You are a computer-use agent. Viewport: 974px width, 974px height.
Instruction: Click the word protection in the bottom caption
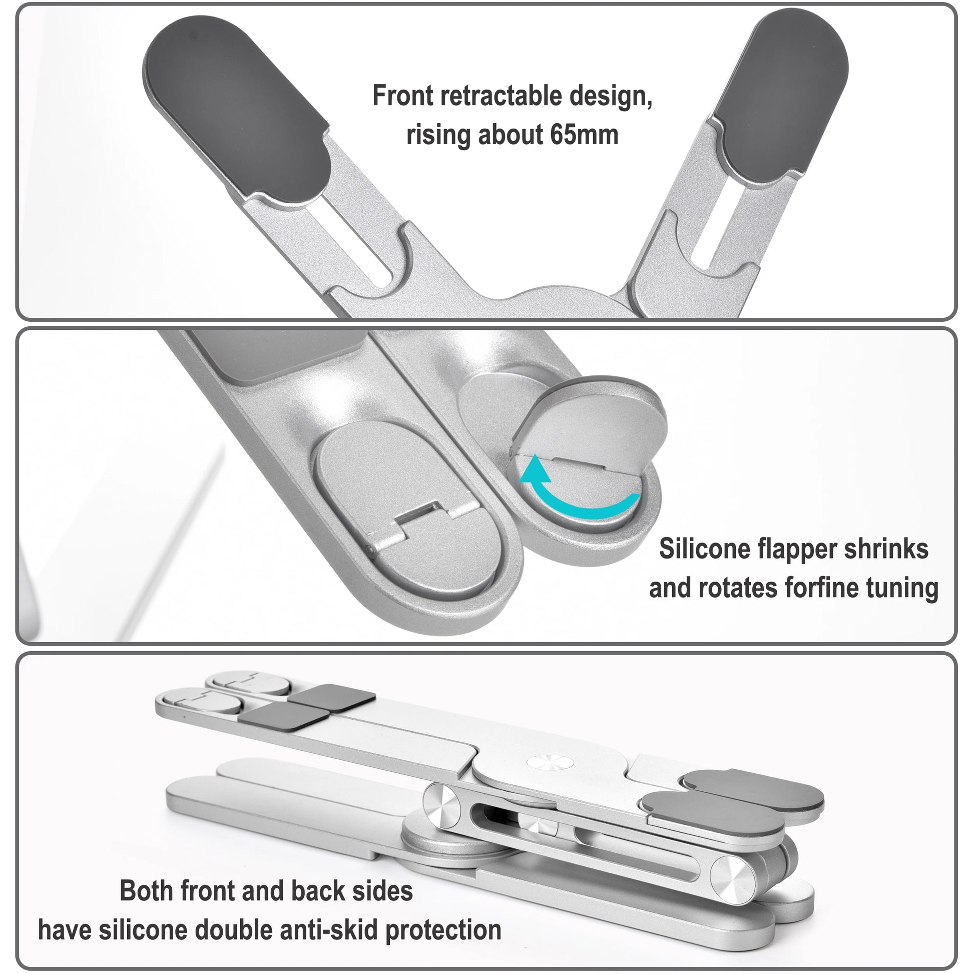pos(443,929)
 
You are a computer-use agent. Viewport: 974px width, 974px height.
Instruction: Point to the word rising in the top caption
pos(438,135)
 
